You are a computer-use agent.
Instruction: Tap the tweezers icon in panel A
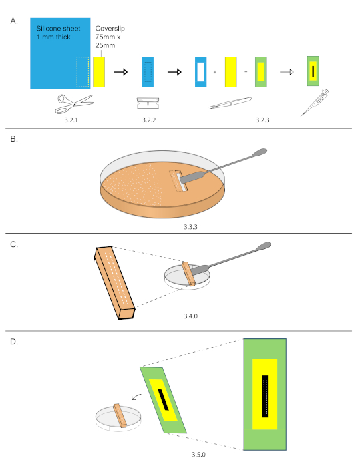[x=229, y=103]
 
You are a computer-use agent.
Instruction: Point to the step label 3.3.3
[x=180, y=227]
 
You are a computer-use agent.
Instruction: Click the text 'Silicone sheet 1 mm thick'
[x=59, y=33]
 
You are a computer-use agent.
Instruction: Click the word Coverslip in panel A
[x=110, y=29]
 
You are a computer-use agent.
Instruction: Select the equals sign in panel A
[x=246, y=71]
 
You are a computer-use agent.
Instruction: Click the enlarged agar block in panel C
[x=115, y=280]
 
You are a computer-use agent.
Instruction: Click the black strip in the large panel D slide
[x=265, y=396]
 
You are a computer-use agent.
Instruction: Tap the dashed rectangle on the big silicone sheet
[x=83, y=71]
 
